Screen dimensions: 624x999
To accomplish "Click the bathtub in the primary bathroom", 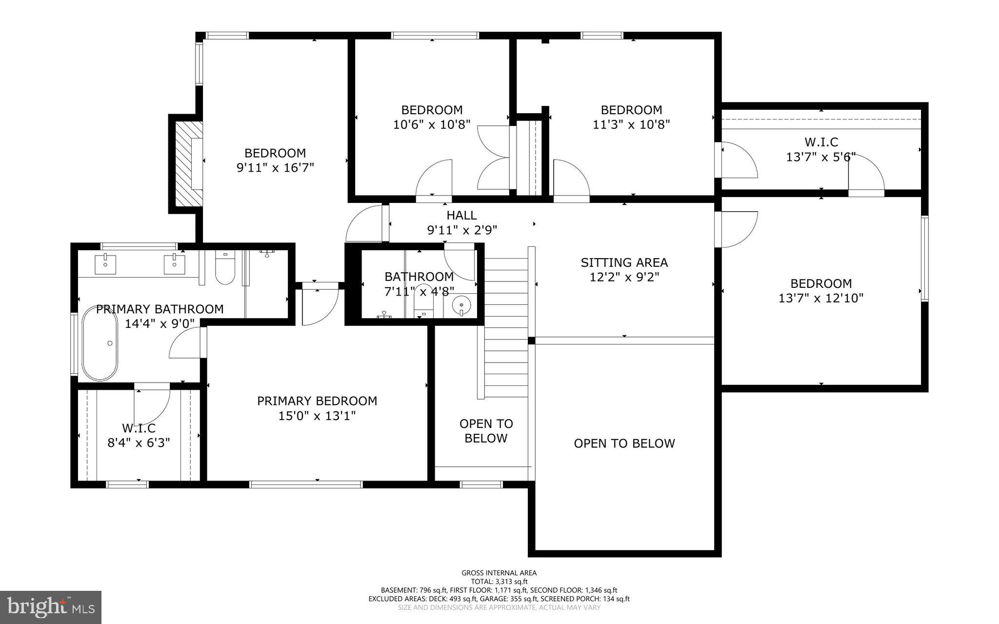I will pyautogui.click(x=100, y=343).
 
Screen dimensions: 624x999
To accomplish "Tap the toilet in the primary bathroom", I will pyautogui.click(x=225, y=269).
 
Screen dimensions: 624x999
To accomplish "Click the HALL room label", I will pyautogui.click(x=461, y=215).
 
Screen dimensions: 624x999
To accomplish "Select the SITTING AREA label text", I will pyautogui.click(x=624, y=262).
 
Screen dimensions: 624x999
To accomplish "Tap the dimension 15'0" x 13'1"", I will pyautogui.click(x=317, y=416).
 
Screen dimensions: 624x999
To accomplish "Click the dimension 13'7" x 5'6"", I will pyautogui.click(x=821, y=157).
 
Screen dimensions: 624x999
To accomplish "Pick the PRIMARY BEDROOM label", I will pyautogui.click(x=317, y=401).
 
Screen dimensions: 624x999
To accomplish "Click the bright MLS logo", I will pyautogui.click(x=51, y=607).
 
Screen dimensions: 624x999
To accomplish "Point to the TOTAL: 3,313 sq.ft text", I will pyautogui.click(x=499, y=582).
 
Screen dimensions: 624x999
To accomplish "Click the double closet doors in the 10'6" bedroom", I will pyautogui.click(x=494, y=157).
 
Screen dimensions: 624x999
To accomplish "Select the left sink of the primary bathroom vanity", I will pyautogui.click(x=106, y=264).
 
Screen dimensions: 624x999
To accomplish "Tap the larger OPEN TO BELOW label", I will pyautogui.click(x=624, y=443).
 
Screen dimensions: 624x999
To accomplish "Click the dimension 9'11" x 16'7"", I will pyautogui.click(x=275, y=168).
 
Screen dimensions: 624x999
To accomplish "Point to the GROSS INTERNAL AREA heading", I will pyautogui.click(x=499, y=573).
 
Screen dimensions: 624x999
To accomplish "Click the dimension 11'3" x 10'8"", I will pyautogui.click(x=631, y=125).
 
